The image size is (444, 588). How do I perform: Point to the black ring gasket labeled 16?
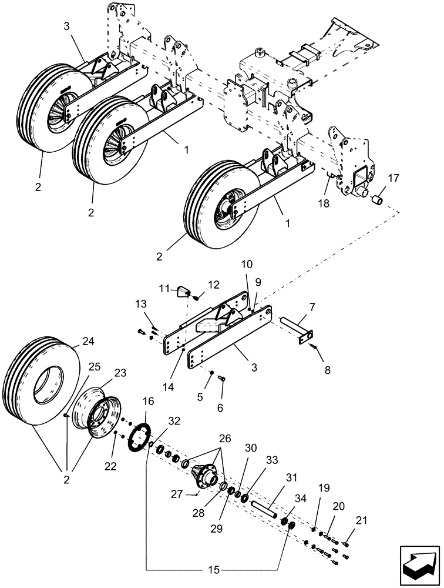pyautogui.click(x=141, y=440)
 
